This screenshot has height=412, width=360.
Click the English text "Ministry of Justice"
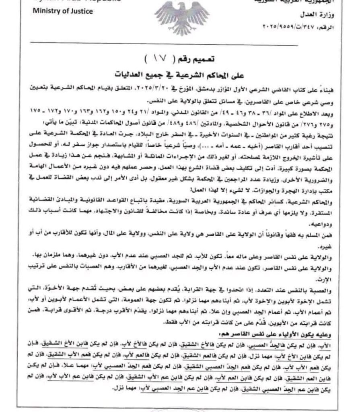[x=62, y=11]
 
